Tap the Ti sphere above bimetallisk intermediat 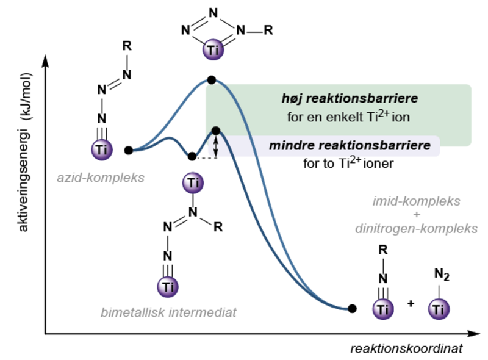coord(168,287)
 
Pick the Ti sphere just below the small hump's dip coord(193,182)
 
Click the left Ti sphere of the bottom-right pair coord(382,310)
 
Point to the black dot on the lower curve coord(215,131)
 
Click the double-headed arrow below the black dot coord(215,146)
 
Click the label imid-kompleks coord(416,201)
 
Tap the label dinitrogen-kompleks coord(416,229)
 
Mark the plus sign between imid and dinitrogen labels coord(416,215)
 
